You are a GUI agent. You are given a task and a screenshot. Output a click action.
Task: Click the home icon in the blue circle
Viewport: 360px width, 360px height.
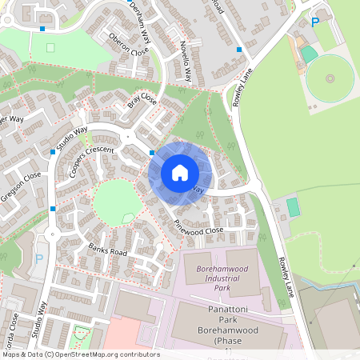(179, 172)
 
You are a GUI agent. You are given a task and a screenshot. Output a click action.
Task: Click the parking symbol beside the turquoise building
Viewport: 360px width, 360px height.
(315, 22)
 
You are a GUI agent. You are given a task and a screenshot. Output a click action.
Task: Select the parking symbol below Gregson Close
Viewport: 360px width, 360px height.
(39, 258)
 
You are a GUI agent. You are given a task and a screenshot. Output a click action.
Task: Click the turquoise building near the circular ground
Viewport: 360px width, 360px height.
(309, 54)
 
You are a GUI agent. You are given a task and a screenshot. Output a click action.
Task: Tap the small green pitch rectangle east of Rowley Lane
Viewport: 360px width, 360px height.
(293, 207)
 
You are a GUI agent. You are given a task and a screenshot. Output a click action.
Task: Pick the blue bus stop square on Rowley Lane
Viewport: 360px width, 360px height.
(238, 50)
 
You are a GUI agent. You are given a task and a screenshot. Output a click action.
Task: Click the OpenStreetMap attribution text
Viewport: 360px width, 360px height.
(81, 354)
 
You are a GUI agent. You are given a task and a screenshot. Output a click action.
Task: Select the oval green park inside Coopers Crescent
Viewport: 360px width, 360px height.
(116, 201)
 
